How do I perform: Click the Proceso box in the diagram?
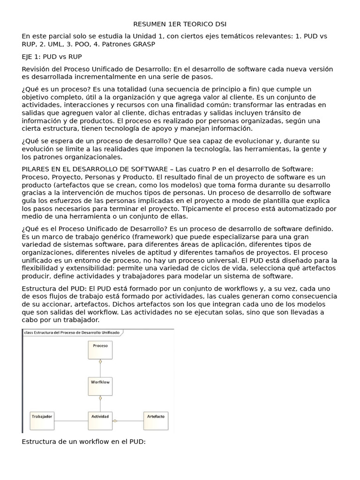point(100,350)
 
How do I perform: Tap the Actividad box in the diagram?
point(100,420)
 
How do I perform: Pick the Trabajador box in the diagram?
point(42,420)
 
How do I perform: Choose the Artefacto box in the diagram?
point(156,420)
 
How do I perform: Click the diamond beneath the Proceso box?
point(100,362)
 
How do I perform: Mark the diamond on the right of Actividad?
point(115,420)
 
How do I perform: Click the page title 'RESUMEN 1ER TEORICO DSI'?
point(180,24)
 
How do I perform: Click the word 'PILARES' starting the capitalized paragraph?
point(37,169)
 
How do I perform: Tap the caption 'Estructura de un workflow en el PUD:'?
point(84,442)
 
